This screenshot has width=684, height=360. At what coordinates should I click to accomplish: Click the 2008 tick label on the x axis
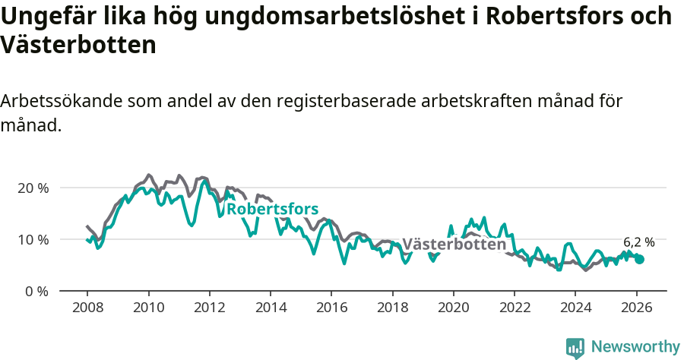[87, 308]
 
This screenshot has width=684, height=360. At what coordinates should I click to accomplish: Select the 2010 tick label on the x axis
[148, 308]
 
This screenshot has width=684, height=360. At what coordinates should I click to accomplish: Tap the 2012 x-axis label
[209, 308]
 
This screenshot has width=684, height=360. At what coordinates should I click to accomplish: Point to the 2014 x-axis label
[270, 308]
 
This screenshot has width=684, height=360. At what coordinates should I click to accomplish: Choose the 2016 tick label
[331, 308]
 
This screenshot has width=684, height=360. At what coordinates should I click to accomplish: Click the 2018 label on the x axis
[392, 308]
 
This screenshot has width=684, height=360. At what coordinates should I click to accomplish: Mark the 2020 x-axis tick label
[453, 308]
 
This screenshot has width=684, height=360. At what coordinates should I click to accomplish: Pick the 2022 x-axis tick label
[514, 308]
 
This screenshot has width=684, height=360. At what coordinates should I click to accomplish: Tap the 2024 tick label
[575, 308]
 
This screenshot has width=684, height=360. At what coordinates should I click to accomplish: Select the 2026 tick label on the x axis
[635, 308]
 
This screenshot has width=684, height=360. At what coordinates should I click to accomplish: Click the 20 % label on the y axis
[33, 188]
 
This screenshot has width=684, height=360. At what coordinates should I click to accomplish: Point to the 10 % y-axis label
[33, 239]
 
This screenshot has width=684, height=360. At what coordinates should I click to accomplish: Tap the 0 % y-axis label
[36, 291]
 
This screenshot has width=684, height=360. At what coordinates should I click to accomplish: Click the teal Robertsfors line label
[272, 209]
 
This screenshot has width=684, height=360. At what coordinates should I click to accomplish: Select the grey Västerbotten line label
[454, 245]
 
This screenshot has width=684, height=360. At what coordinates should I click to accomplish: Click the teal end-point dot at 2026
[639, 259]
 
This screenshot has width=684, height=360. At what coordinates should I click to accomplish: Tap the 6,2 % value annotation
[638, 242]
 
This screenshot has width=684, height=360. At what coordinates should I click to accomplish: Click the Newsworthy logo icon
[575, 347]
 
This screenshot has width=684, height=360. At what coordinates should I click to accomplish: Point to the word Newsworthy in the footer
[635, 347]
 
